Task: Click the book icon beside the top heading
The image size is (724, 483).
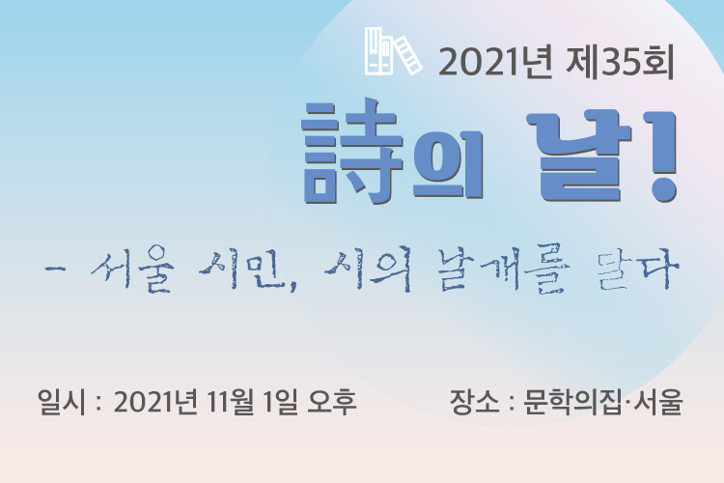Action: (x=394, y=51)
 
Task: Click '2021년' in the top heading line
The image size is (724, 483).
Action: (x=495, y=62)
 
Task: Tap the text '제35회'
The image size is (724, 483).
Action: (x=620, y=62)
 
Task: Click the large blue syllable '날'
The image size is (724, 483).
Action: (x=580, y=156)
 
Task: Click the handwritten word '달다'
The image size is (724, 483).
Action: (x=638, y=271)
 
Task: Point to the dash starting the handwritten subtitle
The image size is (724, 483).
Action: (x=55, y=269)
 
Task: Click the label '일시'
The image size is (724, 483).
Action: (x=62, y=402)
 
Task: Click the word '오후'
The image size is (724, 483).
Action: (x=332, y=402)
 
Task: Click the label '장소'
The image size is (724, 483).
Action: (x=475, y=402)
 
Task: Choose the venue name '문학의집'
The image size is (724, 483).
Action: (x=572, y=402)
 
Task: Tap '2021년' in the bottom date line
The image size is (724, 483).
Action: (x=155, y=402)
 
